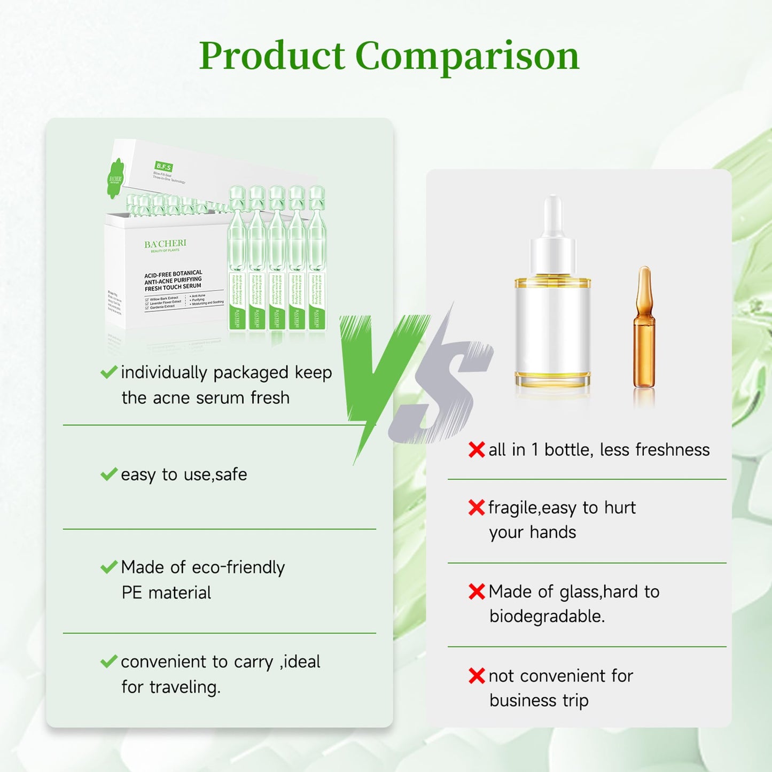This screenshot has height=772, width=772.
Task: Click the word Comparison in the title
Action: (467, 56)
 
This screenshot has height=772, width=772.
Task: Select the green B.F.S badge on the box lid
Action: (163, 167)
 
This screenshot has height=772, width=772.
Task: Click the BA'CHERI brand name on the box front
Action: (165, 244)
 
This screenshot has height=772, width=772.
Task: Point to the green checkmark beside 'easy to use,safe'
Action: (109, 474)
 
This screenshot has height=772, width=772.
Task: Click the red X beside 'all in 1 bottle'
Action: (477, 450)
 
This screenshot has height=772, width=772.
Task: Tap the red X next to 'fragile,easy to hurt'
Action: (477, 508)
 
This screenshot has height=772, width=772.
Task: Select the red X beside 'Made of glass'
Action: (477, 591)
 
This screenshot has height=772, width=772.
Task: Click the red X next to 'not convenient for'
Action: (477, 676)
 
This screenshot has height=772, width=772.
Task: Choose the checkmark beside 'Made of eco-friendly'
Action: (109, 567)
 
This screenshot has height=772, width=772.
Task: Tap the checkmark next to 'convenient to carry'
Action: (109, 661)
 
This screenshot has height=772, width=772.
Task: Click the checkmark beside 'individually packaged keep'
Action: (109, 372)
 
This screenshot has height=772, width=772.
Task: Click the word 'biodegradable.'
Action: (547, 617)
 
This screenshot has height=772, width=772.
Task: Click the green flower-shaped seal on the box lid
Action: (115, 178)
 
